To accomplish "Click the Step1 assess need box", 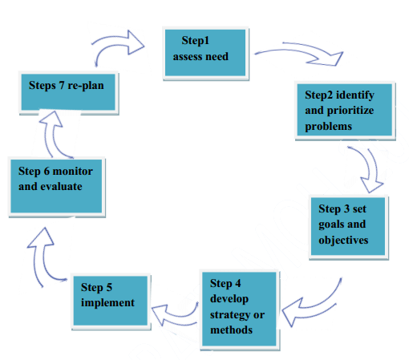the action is (205, 53).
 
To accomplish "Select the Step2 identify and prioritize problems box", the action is (345, 110).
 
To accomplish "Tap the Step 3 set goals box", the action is (348, 227).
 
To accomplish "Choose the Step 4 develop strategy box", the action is (240, 309).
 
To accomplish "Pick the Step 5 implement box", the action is (111, 301).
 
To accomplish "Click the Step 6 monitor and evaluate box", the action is (57, 187).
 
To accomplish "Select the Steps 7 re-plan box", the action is (68, 92).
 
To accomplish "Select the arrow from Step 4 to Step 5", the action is (174, 315).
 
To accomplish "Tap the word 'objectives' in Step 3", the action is (343, 241).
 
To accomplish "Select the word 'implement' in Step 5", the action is (107, 303).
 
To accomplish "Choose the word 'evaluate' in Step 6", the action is (61, 187).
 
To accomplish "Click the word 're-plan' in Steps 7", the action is (86, 86).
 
